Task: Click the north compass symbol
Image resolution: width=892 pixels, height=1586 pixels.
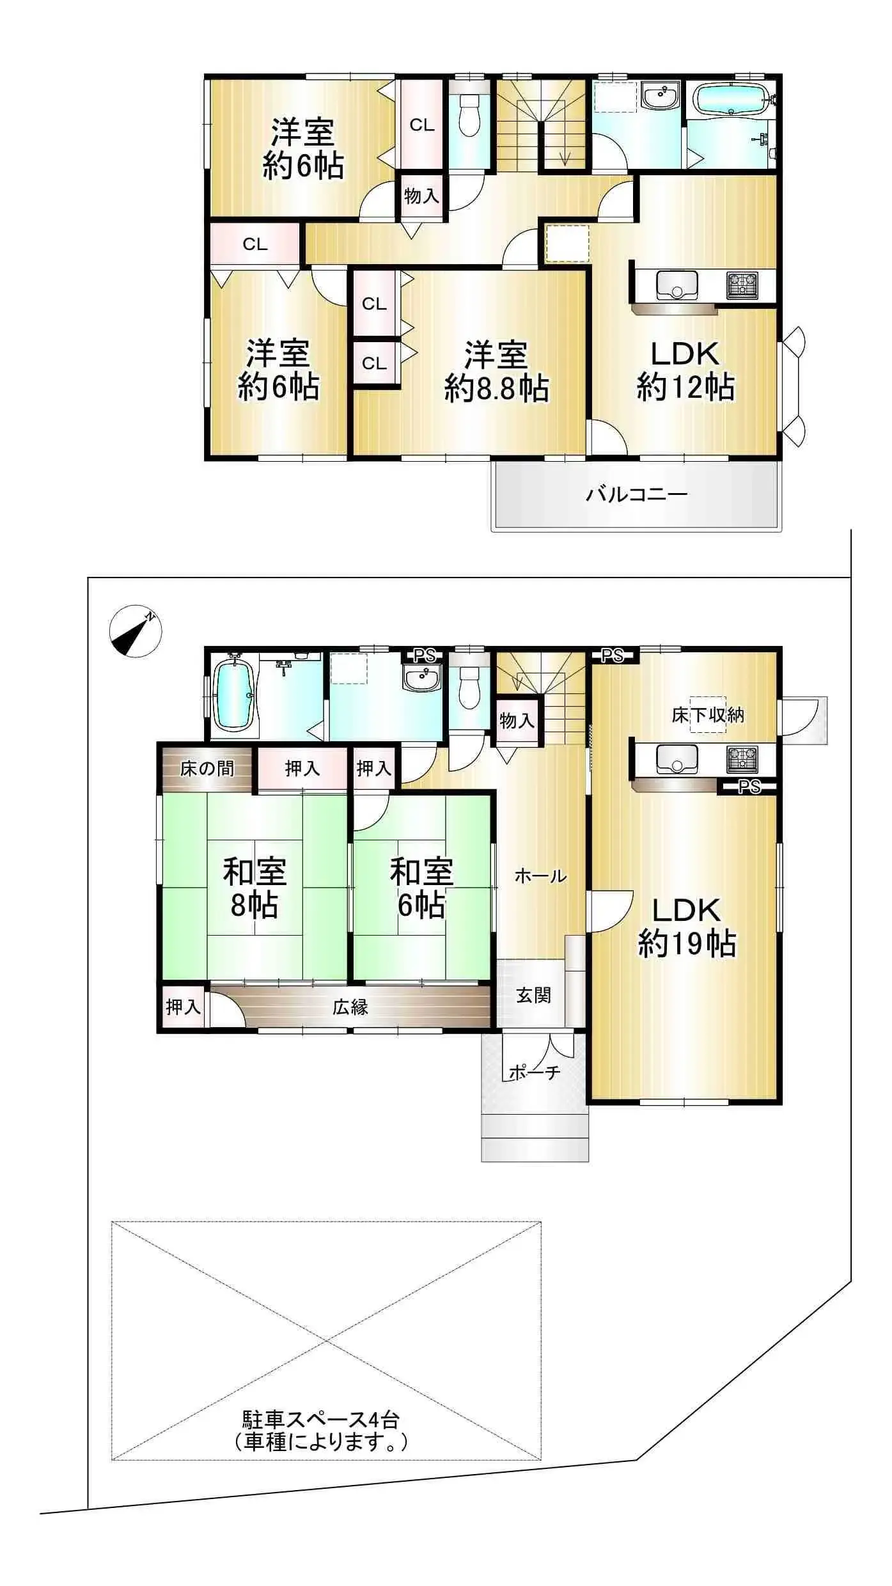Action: (135, 631)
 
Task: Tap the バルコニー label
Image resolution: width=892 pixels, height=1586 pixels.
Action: (636, 494)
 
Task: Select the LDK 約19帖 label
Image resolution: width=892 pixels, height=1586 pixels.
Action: (686, 927)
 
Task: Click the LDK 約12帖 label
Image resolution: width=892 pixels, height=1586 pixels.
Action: (685, 370)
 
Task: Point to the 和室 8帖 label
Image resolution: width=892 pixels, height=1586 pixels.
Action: (254, 888)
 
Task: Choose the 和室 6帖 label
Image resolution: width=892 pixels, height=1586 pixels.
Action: (421, 888)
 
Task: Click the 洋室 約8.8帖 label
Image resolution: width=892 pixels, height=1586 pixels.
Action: (496, 372)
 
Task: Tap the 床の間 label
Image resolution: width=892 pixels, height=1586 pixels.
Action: (207, 768)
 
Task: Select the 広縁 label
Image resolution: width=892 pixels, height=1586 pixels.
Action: (350, 1007)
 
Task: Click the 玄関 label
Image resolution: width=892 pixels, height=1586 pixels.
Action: (533, 995)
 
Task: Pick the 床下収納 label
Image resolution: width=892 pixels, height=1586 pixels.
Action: (707, 714)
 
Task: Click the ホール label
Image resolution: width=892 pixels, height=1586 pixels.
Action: (540, 875)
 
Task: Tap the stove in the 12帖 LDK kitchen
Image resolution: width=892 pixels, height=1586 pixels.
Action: (742, 285)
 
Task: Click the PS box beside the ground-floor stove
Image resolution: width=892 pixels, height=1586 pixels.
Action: (749, 787)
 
